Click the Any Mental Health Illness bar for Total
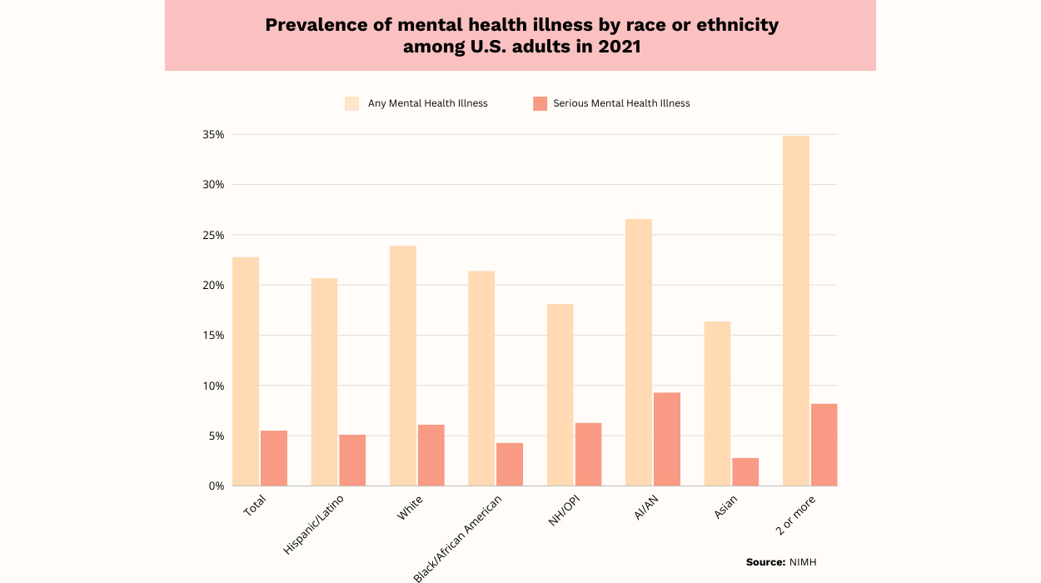coord(246,371)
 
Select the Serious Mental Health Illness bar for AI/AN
coord(666,439)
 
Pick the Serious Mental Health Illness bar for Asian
coord(745,471)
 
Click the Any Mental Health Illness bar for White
coord(403,366)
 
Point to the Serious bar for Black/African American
coord(510,464)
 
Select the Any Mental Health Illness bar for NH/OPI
coord(560,395)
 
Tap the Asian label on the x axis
coord(726,507)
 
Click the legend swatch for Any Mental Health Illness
coord(352,103)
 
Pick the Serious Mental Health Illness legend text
coord(621,103)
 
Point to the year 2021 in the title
coord(618,47)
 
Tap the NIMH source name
coord(803,562)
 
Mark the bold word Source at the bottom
coord(765,562)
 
